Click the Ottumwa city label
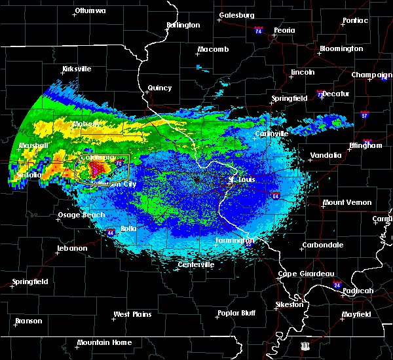click(x=90, y=11)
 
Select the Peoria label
click(x=284, y=30)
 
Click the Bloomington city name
click(x=341, y=49)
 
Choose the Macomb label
click(x=215, y=50)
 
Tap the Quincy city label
click(x=160, y=88)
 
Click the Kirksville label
click(x=77, y=69)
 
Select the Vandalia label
click(x=326, y=156)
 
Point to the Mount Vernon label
click(x=347, y=203)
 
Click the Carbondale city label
click(x=322, y=245)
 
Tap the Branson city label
click(x=28, y=321)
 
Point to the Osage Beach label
click(x=81, y=215)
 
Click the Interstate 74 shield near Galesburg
click(x=259, y=31)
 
